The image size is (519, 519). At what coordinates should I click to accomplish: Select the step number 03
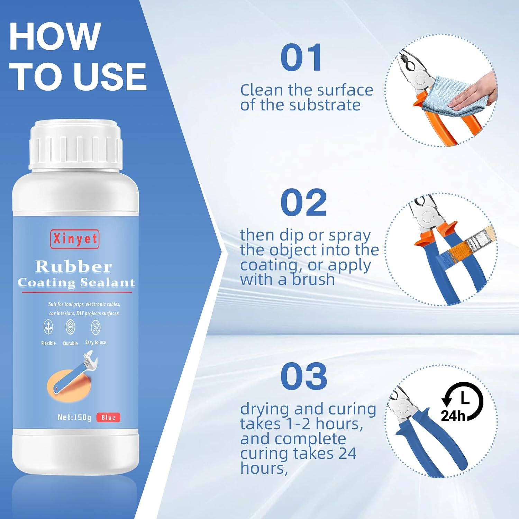pos(304,376)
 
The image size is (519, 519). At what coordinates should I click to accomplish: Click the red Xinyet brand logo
pos(75,239)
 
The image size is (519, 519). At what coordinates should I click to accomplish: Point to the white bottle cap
pos(76,145)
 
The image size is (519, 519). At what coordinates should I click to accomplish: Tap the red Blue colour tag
pos(108,418)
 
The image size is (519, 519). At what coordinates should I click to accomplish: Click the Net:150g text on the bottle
pos(74,417)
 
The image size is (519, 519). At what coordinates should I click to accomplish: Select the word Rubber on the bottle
pos(74,266)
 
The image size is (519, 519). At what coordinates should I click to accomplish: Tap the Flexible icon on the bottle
pos(48,327)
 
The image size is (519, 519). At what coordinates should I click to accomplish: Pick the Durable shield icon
pos(70,327)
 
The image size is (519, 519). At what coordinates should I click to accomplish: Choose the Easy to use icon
pos(95,327)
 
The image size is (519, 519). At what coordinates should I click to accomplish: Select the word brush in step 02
pos(313,279)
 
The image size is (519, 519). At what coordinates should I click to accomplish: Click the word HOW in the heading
pos(55,36)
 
